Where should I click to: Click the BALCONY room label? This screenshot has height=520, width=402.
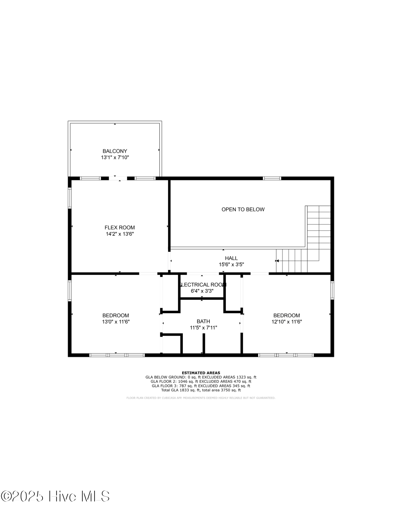point(115,151)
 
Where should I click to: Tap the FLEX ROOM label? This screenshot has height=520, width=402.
point(119,228)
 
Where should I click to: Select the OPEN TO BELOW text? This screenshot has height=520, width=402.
point(243,209)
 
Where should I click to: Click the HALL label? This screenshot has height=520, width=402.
point(231,258)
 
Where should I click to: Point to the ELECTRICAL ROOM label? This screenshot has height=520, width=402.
point(202,285)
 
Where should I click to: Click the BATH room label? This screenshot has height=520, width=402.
point(203,321)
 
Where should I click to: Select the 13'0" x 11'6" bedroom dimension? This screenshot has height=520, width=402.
point(116,322)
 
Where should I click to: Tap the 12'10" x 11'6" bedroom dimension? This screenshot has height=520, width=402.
point(287,322)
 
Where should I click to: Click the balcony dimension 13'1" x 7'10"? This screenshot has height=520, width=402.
point(115,158)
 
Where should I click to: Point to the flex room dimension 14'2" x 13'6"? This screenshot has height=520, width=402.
point(120,234)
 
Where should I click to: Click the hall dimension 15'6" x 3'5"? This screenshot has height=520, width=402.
point(231,265)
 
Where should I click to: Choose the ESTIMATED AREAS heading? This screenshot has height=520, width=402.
point(201,373)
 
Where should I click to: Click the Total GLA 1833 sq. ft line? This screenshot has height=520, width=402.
point(201,390)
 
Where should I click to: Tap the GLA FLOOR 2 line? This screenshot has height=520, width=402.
point(201,381)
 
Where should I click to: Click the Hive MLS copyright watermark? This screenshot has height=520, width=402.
point(55,496)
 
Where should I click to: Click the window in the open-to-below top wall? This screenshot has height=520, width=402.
point(272,178)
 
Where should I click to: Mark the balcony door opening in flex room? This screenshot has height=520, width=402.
point(118,178)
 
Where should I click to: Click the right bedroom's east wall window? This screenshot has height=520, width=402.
point(332,290)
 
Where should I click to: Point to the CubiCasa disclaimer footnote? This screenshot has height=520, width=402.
point(201,398)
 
